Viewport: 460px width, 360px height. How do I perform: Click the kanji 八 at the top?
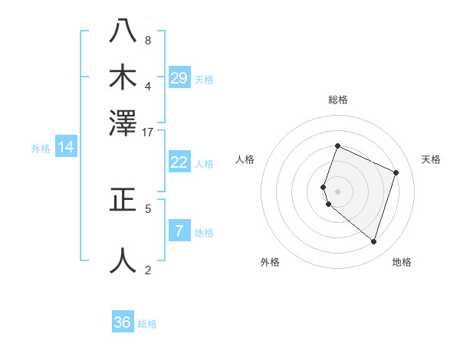click(123, 31)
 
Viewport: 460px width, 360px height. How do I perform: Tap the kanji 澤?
click(123, 123)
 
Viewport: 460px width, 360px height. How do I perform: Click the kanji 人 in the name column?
click(123, 260)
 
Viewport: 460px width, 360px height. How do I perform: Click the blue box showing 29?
click(179, 77)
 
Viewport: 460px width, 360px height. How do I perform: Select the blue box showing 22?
click(179, 162)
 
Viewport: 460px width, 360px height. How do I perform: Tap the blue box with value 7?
click(179, 231)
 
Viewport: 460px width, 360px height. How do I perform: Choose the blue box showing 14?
click(66, 147)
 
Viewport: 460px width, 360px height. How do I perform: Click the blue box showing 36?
click(123, 322)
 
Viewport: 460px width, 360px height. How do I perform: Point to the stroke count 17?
click(148, 132)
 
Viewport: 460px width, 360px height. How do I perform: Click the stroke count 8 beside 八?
click(148, 40)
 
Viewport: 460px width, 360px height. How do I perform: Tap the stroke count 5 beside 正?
click(148, 208)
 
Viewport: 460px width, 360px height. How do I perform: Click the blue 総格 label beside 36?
click(147, 324)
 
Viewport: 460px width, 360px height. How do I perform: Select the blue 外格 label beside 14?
click(41, 149)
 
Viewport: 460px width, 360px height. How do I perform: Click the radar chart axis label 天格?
click(431, 159)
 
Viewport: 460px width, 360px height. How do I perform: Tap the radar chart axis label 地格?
click(402, 262)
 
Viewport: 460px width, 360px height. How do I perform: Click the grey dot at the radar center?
click(338, 191)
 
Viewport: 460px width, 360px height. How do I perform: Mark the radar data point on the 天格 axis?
click(396, 172)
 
